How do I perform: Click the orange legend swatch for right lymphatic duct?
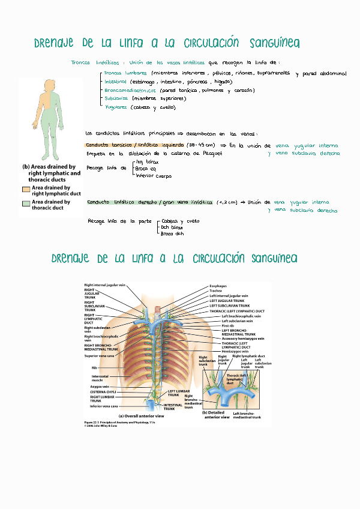pyautogui.click(x=26, y=188)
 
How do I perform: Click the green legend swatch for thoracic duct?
pyautogui.click(x=26, y=203)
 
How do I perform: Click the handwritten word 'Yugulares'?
pyautogui.click(x=116, y=107)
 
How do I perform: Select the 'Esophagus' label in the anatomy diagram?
pyautogui.click(x=218, y=286)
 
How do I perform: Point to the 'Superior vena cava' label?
pyautogui.click(x=98, y=356)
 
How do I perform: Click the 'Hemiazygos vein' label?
pyautogui.click(x=235, y=351)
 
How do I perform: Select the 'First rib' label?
pyautogui.click(x=227, y=325)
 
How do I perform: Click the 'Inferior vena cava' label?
pyautogui.click(x=99, y=406)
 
